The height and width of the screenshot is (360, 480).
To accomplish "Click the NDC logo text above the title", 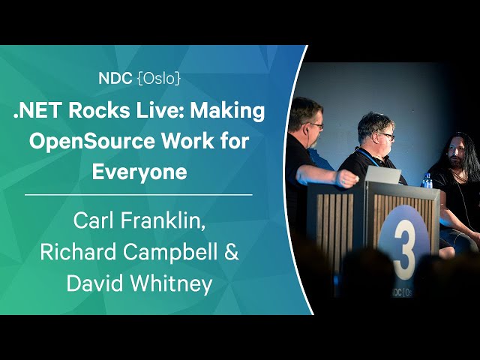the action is point(115,79).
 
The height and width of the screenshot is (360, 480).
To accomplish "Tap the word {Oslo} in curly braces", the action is point(159,79).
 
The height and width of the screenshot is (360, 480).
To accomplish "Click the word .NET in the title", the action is point(37,110).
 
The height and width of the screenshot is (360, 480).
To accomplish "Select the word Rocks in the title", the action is point(99,110).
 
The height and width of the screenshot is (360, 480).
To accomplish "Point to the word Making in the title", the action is point(227,111).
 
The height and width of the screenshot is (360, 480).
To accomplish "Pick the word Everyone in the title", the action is point(139,172).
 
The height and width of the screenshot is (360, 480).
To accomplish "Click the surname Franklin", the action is point(163,220).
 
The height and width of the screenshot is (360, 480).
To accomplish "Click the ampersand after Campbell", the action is point(232,252).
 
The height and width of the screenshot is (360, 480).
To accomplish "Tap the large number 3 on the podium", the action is point(404,249).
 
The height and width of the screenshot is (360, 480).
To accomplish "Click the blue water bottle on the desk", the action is point(427,181).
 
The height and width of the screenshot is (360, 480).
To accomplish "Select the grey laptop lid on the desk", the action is point(382,175).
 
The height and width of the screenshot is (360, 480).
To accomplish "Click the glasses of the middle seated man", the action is point(386,135).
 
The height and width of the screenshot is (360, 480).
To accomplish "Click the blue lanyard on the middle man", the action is point(367,157).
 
